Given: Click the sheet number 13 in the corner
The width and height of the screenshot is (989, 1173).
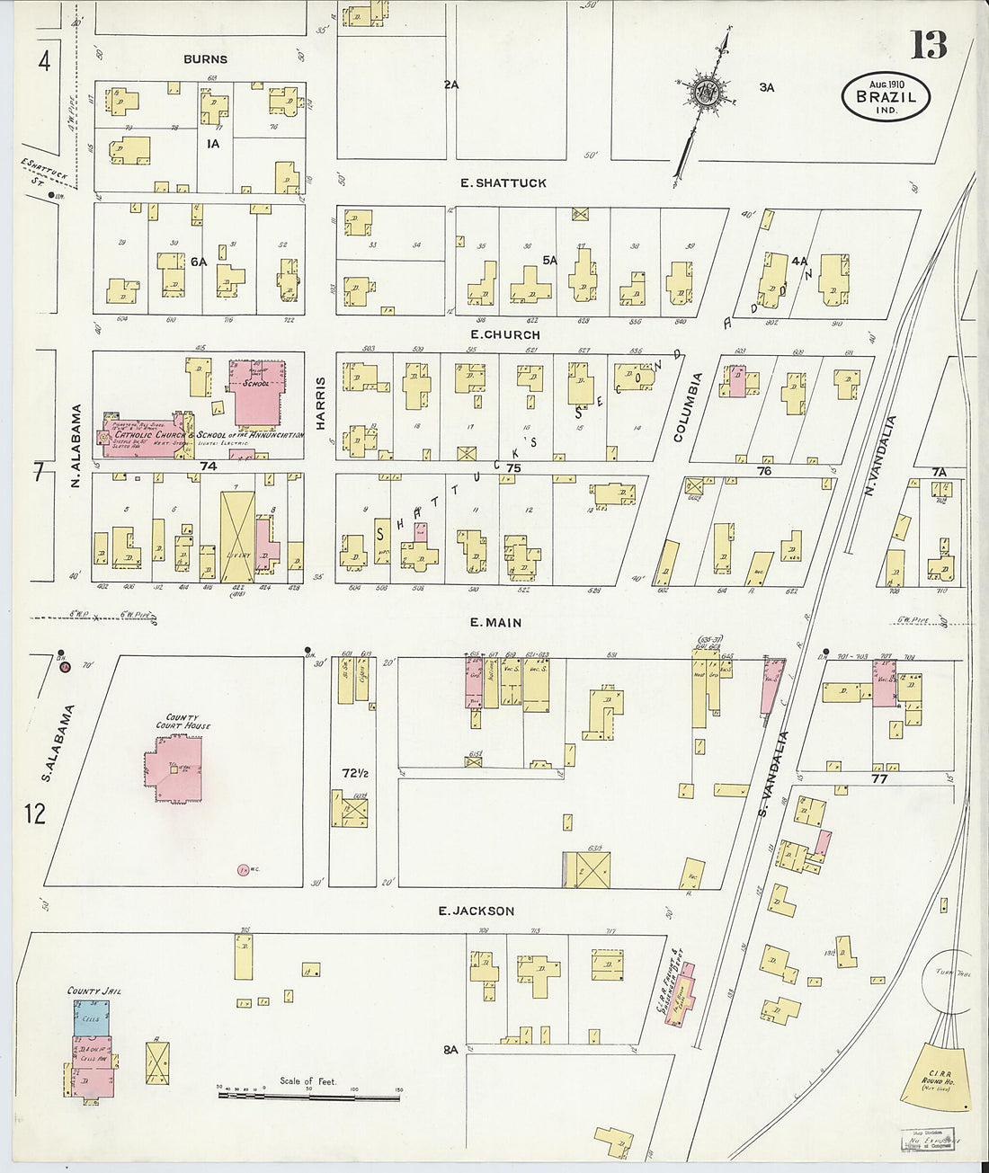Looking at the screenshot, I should [x=928, y=44].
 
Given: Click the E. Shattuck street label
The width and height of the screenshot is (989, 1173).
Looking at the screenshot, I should [x=503, y=182].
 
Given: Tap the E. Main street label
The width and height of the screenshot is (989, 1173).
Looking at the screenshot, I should [x=495, y=622].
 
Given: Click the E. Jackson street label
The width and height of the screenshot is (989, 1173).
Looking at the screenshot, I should [x=476, y=911].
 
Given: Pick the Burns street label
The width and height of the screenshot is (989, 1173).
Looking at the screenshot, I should [x=205, y=59].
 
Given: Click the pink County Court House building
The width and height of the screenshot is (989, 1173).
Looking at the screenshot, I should [x=174, y=769].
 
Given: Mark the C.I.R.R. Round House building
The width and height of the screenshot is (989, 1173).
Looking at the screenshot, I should [x=937, y=1074].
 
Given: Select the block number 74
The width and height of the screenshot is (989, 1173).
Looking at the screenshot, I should [x=209, y=466].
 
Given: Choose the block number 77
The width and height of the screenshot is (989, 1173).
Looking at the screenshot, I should [x=878, y=778].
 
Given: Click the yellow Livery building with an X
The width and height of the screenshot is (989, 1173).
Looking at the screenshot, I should [x=237, y=537].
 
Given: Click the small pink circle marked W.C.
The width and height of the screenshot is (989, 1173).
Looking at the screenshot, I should [x=243, y=869].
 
